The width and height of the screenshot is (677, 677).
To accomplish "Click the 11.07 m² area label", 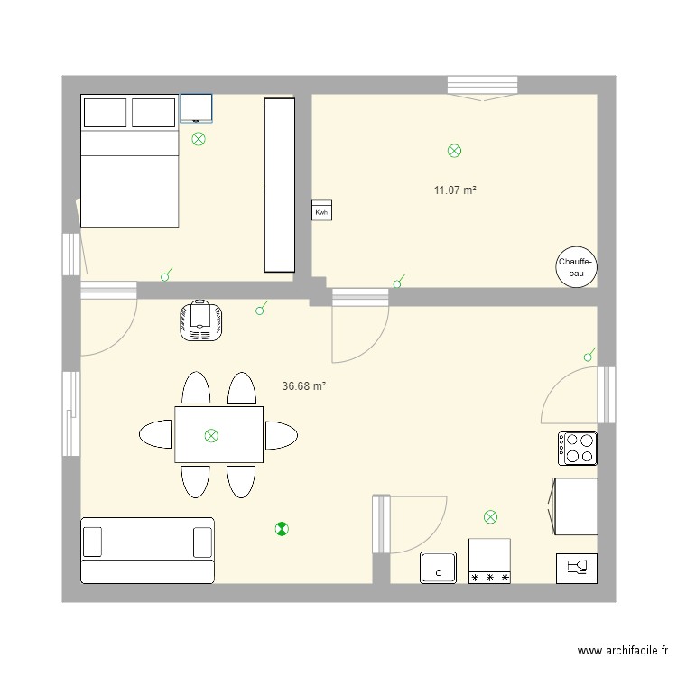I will pos(455,190).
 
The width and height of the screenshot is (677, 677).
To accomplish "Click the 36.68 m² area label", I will pos(303,385).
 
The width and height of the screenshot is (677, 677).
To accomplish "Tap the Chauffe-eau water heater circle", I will pos(576,266).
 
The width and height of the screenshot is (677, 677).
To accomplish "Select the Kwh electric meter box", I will pos(321,209).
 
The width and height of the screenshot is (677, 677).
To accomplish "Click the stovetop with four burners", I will pos(578,448).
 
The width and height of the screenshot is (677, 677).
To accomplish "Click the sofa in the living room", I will pos(147,550).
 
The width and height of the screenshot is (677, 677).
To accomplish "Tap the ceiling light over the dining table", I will pos(211,435).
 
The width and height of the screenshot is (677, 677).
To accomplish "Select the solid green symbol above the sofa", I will pos(282,530).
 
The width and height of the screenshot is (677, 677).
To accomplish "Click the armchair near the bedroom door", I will pos(200,321).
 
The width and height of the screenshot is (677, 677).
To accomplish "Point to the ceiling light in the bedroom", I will pos(199,139).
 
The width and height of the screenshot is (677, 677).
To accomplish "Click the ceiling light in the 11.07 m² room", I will pos(455,151).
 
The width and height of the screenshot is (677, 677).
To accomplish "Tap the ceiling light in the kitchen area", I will pos(490,517).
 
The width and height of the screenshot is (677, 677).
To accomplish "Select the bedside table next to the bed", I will pos(196,107).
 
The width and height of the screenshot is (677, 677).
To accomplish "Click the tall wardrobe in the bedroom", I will pos(279,185).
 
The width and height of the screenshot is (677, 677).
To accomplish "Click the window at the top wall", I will pos(482,86).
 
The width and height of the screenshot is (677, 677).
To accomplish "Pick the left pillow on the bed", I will pos(105,113).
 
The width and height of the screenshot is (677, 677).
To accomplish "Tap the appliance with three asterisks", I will pos(489,561).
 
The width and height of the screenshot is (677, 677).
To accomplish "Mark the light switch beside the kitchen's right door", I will pos(589,356).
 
